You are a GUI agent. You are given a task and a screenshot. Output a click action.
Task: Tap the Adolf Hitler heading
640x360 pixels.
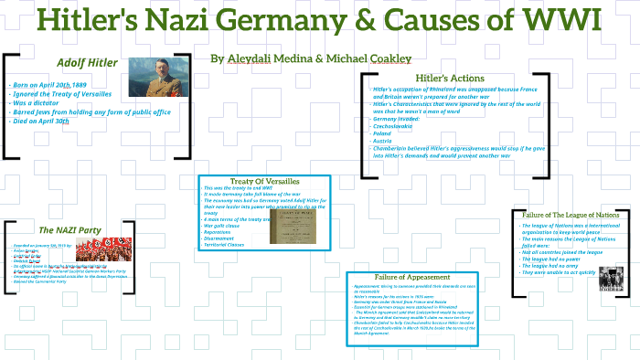click(x=87, y=63)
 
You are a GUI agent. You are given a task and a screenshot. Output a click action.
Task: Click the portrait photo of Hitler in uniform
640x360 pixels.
click(x=158, y=77)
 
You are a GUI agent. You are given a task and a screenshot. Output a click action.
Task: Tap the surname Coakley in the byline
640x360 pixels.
click(x=382, y=58)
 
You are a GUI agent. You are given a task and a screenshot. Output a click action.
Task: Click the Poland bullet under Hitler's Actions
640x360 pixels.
click(x=382, y=133)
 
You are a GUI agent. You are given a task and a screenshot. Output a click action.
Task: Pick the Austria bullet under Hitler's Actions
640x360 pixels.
click(x=382, y=141)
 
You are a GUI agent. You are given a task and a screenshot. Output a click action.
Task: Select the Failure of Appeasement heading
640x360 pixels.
click(x=412, y=277)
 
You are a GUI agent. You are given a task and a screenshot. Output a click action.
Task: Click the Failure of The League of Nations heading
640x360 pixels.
click(x=571, y=215)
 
